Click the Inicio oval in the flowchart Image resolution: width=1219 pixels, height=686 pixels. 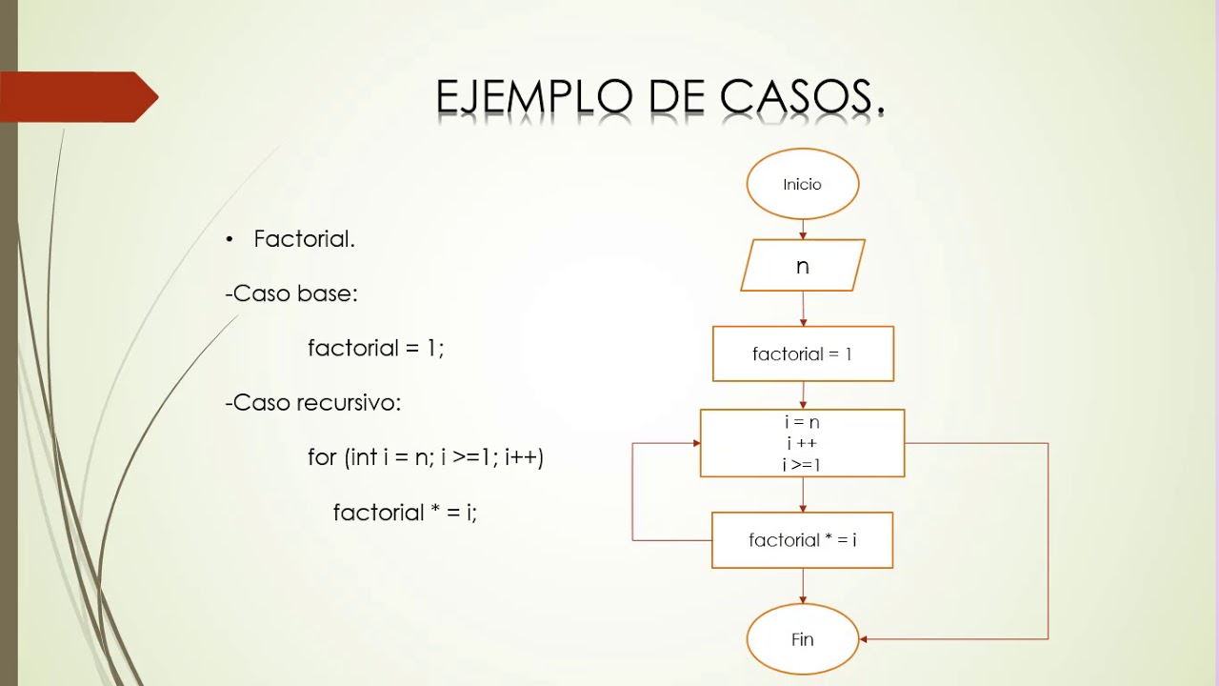[x=803, y=184]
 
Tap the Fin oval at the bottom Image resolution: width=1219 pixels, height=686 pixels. [x=803, y=639]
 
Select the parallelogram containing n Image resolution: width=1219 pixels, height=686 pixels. [x=803, y=266]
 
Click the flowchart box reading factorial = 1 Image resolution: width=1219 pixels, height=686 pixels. [x=803, y=353]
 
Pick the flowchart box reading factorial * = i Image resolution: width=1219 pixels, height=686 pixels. [x=803, y=540]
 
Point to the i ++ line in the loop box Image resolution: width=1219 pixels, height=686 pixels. [x=802, y=443]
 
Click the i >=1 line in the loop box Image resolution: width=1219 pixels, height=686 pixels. [x=802, y=465]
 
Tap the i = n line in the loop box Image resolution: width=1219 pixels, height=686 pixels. [x=802, y=422]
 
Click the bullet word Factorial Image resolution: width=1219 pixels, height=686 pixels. [x=304, y=239]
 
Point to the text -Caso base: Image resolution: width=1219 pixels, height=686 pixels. [x=291, y=293]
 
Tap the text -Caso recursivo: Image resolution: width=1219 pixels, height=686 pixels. [x=313, y=403]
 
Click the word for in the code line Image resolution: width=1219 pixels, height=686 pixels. [x=322, y=457]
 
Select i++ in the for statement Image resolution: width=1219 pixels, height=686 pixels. [x=524, y=457]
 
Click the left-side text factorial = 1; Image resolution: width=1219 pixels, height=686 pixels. [x=376, y=348]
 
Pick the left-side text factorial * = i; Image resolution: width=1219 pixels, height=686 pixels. [x=405, y=513]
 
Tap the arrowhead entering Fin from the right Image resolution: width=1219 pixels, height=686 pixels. [x=865, y=639]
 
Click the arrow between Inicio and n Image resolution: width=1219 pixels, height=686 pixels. [x=803, y=230]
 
